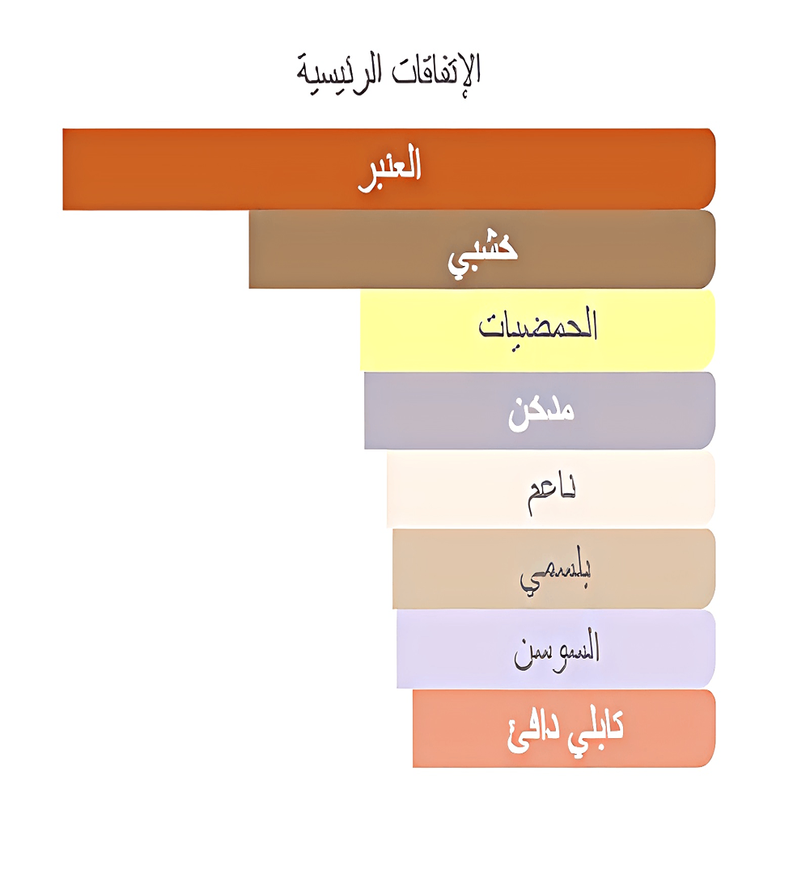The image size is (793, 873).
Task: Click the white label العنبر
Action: coord(390,167)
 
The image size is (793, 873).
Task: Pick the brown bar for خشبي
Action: coord(340,249)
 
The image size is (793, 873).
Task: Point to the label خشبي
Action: coord(483,251)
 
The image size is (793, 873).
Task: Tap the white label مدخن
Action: coord(541,411)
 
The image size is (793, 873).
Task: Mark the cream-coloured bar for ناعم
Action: coord(453,489)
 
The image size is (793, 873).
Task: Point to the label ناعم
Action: coord(552,490)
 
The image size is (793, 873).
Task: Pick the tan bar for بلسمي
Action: coord(453,568)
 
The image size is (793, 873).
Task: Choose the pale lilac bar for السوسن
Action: coord(453,648)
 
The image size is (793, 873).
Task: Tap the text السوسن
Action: coord(557,649)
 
